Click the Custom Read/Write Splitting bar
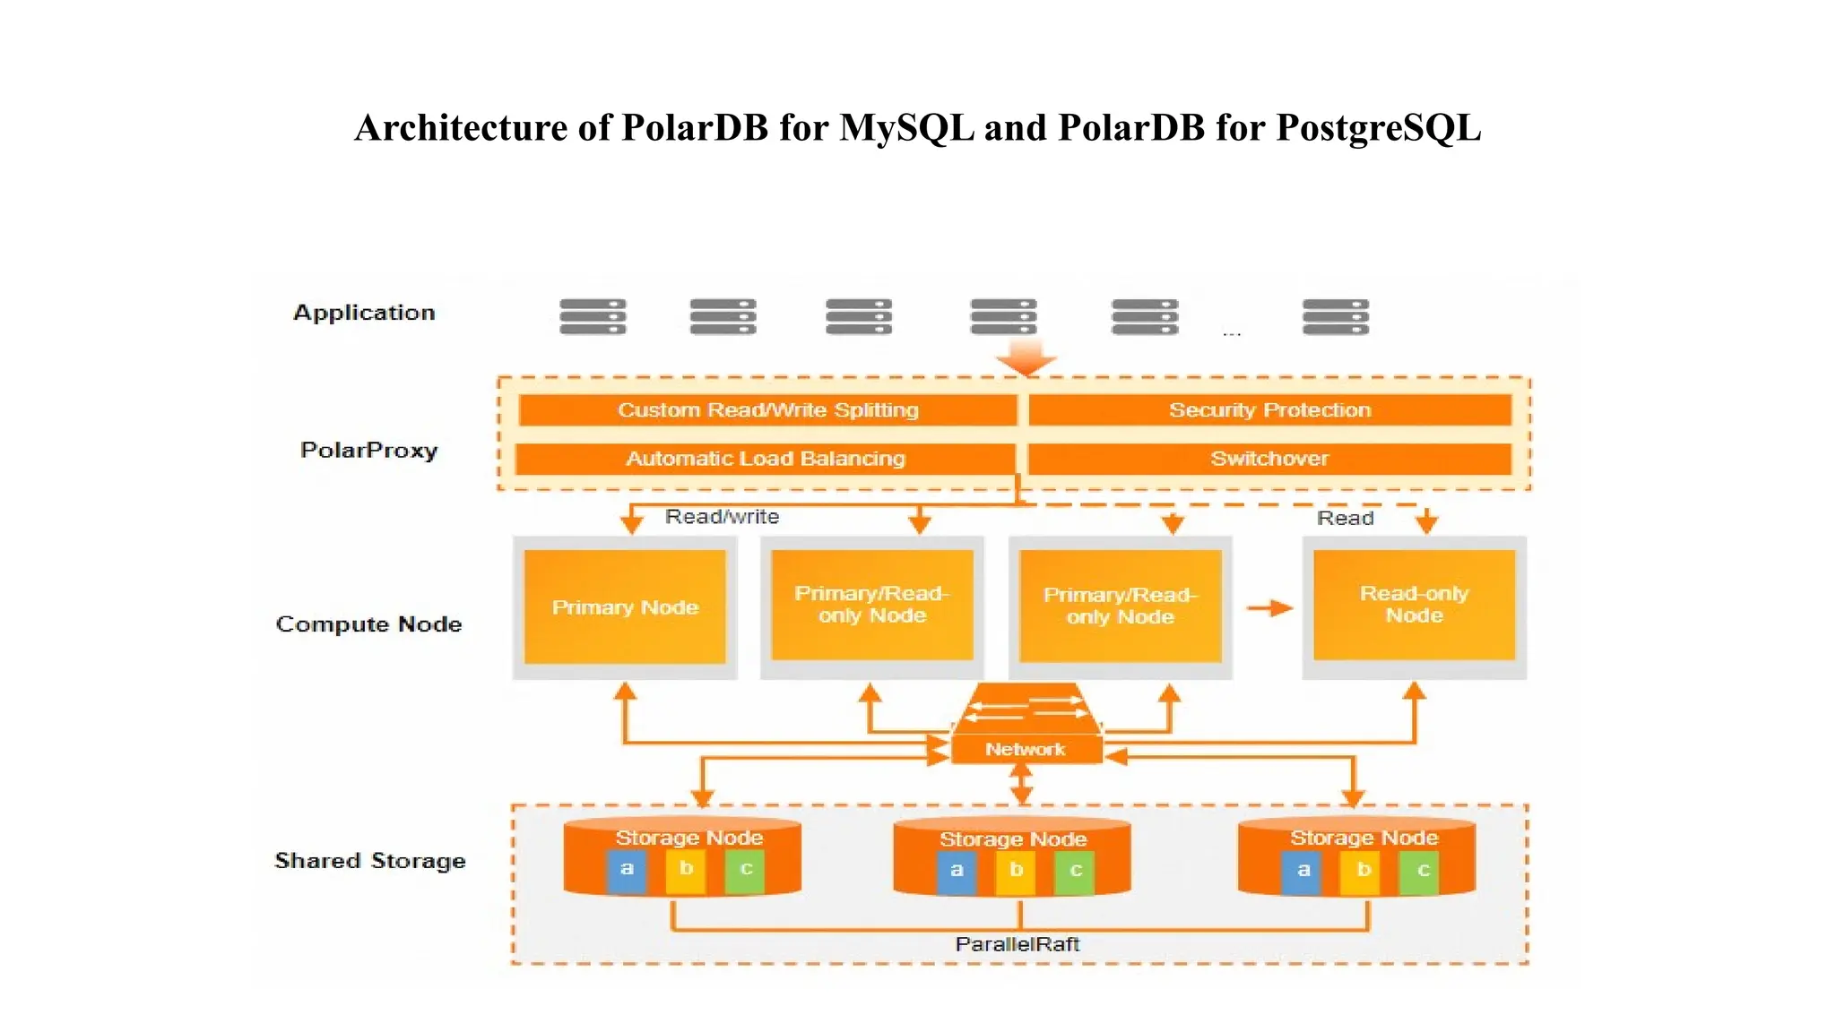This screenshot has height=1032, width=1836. coord(767,410)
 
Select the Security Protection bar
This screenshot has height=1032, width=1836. coord(1269,410)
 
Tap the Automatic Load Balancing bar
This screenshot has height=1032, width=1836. coord(765,459)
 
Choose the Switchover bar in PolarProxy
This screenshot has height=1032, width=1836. coord(1269,459)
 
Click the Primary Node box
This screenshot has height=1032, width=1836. coord(625,607)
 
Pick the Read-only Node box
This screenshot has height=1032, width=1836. coord(1414,605)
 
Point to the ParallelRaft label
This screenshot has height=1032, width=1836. coord(1018,944)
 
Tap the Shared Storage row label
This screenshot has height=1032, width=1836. coord(369,861)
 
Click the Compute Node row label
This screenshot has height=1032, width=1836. coord(368,624)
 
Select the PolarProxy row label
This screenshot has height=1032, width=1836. coord(368,450)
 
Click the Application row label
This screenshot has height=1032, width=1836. coord(364,313)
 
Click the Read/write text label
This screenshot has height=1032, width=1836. coord(722,517)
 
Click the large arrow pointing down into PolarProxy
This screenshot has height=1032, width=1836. coord(1026,357)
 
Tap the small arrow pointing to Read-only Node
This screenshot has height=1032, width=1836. coord(1269,608)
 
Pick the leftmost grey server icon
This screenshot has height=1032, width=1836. coord(593,317)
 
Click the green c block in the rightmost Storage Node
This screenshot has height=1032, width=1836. coord(1423,871)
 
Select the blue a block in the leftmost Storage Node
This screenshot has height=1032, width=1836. coord(627,870)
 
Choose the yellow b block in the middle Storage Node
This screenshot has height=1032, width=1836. coord(1016,871)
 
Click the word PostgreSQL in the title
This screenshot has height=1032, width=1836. coord(1378,128)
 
